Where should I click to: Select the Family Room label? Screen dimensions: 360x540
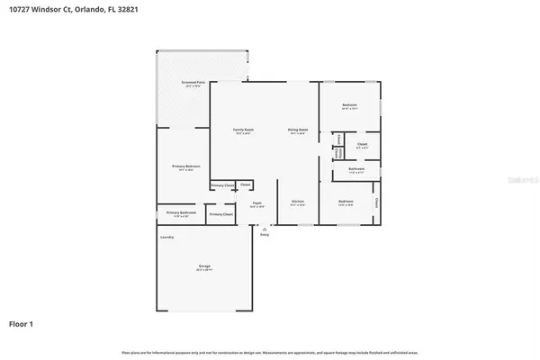click(x=243, y=130)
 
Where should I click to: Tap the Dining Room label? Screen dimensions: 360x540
click(x=298, y=130)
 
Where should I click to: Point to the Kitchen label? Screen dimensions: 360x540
click(x=298, y=202)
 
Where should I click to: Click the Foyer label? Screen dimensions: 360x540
click(x=256, y=203)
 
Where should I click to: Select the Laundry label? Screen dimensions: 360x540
click(x=166, y=237)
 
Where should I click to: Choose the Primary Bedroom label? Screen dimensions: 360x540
click(x=186, y=166)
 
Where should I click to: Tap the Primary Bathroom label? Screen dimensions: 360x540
click(x=181, y=212)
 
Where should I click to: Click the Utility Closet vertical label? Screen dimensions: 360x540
click(x=337, y=153)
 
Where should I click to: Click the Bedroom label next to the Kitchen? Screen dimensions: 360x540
click(x=346, y=201)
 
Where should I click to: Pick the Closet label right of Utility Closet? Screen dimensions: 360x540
click(x=362, y=144)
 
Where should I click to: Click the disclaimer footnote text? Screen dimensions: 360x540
click(x=270, y=351)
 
